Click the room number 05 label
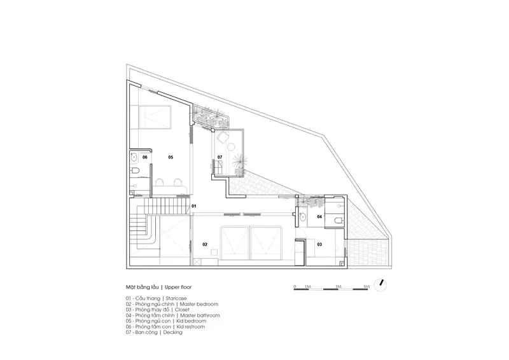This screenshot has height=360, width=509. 171,157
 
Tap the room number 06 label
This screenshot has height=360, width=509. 145,157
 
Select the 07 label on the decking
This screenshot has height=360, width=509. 220,157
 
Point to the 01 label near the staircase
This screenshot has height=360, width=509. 194,206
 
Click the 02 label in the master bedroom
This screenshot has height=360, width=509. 205,244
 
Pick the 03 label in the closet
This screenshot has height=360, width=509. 319,244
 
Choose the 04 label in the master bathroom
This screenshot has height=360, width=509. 319,216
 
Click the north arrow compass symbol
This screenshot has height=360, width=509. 380,285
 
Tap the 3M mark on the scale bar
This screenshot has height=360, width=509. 338,287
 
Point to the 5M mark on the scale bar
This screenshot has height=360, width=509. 366,287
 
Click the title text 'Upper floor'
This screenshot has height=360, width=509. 178,287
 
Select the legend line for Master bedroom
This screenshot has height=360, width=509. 172,304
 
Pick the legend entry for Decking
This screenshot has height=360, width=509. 154,333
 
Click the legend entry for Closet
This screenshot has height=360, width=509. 158,310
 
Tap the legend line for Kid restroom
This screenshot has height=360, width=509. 165,326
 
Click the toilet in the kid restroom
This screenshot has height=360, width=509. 136,170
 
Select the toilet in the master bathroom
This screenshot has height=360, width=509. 338,221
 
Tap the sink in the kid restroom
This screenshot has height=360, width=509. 134,158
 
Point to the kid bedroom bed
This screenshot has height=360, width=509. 155,118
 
